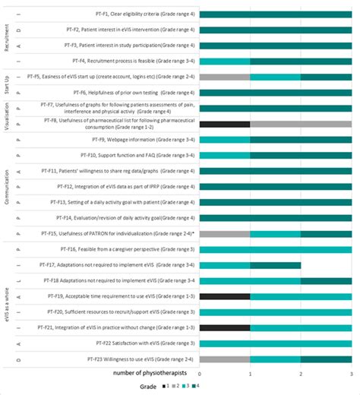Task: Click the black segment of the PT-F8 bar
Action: pos(225,124)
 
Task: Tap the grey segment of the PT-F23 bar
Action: pos(225,359)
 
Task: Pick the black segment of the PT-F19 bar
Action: pos(225,295)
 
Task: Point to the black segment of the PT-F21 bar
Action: pos(225,327)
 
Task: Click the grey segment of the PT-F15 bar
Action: pos(225,233)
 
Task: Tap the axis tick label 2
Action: pos(301,374)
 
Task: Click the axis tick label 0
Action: pos(201,374)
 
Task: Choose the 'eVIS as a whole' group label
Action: pos(7,304)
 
